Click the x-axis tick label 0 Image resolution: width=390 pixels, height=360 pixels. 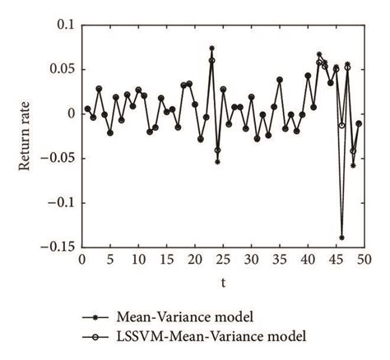point(81,259)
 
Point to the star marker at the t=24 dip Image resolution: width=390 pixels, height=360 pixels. point(217,162)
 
